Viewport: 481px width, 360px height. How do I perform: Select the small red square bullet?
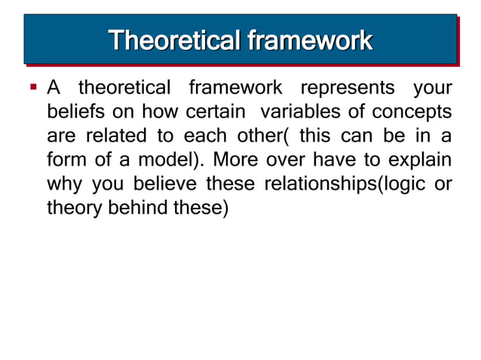tap(34, 87)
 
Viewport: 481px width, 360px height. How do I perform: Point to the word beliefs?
tap(72, 112)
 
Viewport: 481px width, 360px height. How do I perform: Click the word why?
tap(63, 185)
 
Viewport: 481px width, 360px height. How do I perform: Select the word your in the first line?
tap(433, 88)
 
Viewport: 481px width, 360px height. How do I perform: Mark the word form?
tap(64, 160)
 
